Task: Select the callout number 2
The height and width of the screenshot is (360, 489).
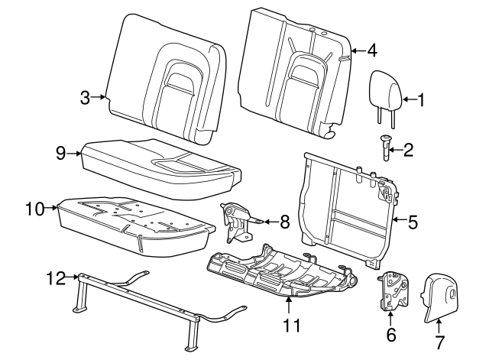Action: click(408, 150)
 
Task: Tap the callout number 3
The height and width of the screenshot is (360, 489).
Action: click(86, 97)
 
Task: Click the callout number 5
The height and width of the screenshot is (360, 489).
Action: click(413, 222)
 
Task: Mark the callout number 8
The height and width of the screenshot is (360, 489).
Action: click(284, 222)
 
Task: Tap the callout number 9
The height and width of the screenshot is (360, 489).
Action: click(61, 153)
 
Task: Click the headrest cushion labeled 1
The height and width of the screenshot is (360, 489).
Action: click(384, 90)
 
